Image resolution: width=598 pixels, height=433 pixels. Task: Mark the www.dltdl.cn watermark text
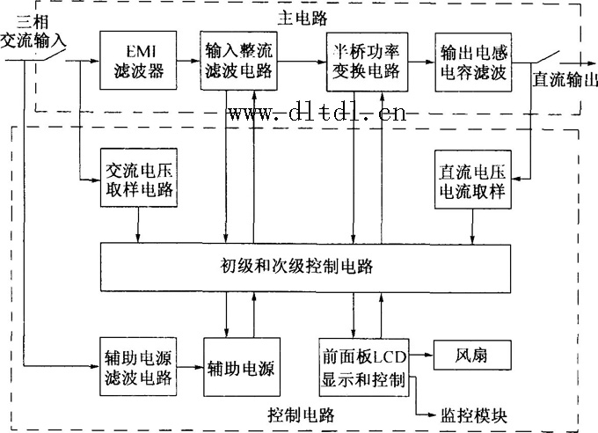coord(317,114)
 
